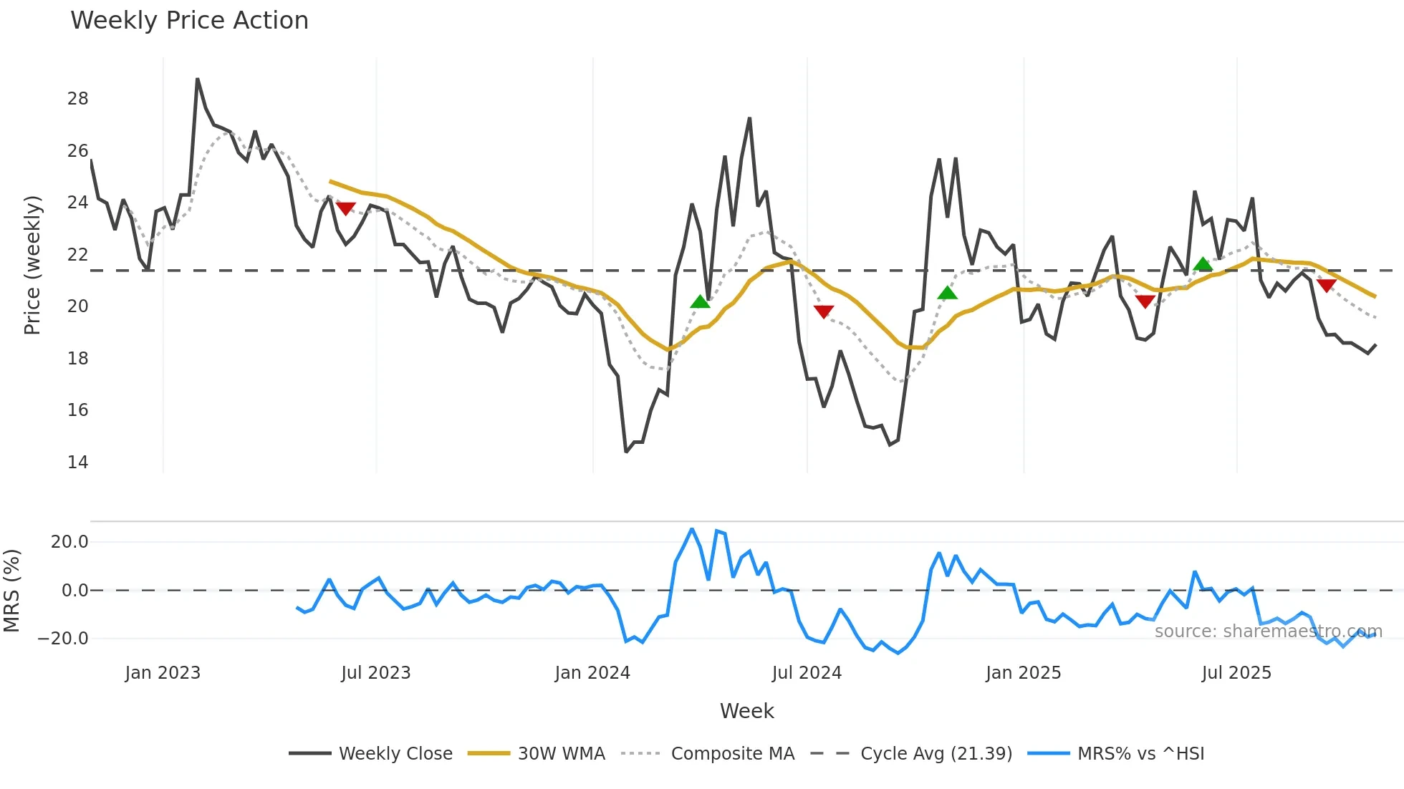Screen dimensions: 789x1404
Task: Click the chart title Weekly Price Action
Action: click(189, 20)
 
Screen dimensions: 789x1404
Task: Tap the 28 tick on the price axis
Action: click(77, 99)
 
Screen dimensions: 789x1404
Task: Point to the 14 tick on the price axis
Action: click(77, 462)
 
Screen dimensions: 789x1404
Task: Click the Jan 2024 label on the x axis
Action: click(592, 673)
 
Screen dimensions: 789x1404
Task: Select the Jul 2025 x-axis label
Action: click(1236, 673)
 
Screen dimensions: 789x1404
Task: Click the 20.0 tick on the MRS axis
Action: click(69, 542)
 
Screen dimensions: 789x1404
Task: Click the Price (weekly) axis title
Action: click(32, 265)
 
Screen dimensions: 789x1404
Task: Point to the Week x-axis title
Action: click(746, 711)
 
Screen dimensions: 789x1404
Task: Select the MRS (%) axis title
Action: click(11, 591)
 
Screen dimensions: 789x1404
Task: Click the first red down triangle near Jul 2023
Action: click(345, 208)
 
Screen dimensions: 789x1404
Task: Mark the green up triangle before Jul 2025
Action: click(1203, 264)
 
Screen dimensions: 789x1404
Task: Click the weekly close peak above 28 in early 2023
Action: click(197, 79)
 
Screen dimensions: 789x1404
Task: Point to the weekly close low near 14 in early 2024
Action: click(626, 452)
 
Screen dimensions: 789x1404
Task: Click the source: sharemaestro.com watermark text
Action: click(1268, 631)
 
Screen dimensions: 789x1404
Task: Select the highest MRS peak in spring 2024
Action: click(691, 529)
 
